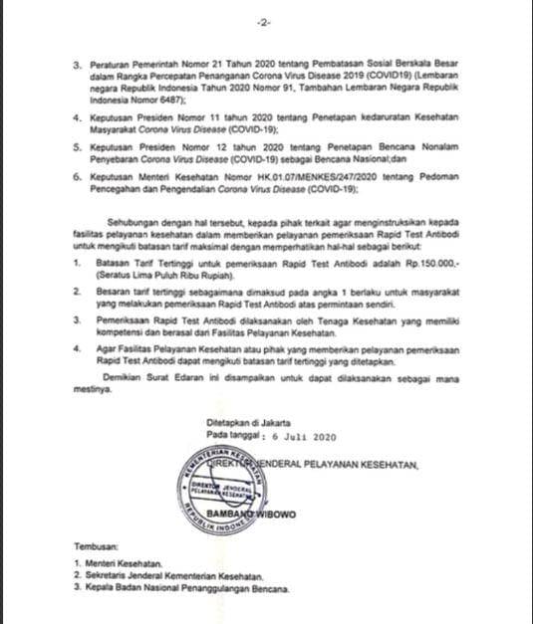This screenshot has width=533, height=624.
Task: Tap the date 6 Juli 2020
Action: coord(294,436)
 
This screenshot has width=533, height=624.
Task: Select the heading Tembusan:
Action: coord(95,547)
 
